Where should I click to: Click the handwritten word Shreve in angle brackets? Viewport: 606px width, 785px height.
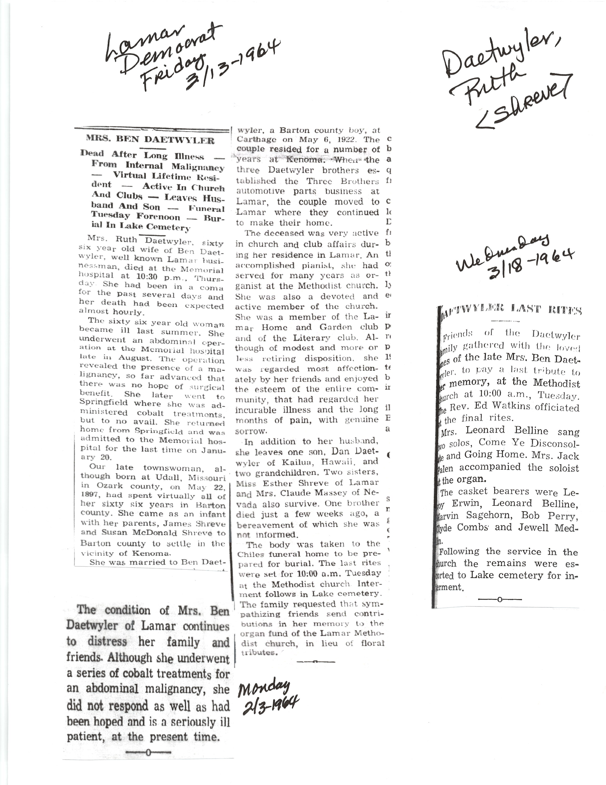(x=525, y=101)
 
